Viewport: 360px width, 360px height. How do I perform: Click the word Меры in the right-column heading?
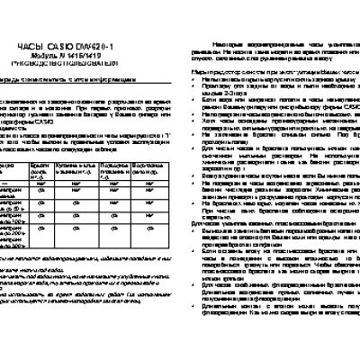click(200, 68)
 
